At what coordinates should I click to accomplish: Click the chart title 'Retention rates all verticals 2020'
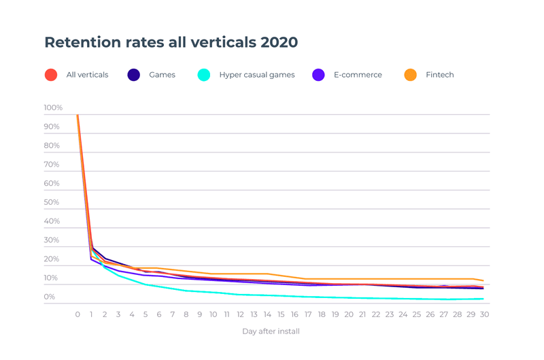[x=171, y=42]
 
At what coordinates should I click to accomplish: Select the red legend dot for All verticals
[x=51, y=75]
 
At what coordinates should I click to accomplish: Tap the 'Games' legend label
[x=162, y=75]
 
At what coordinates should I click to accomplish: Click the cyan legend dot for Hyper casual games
[x=204, y=75]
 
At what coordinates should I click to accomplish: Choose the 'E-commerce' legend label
[x=357, y=75]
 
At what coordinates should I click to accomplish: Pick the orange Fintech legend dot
[x=410, y=75]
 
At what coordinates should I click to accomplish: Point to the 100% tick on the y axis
[x=53, y=108]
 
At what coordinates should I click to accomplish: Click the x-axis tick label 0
[x=78, y=314]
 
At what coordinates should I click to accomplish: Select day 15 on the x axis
[x=281, y=314]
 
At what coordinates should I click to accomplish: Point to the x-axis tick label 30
[x=484, y=314]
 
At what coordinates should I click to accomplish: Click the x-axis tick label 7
[x=173, y=314]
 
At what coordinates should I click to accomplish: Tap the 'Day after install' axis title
[x=271, y=331]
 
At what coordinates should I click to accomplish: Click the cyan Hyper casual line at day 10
[x=213, y=293]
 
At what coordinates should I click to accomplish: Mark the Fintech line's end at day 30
[x=483, y=280]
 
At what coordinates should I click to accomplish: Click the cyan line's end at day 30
[x=483, y=299]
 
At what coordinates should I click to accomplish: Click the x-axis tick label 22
[x=376, y=314]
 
